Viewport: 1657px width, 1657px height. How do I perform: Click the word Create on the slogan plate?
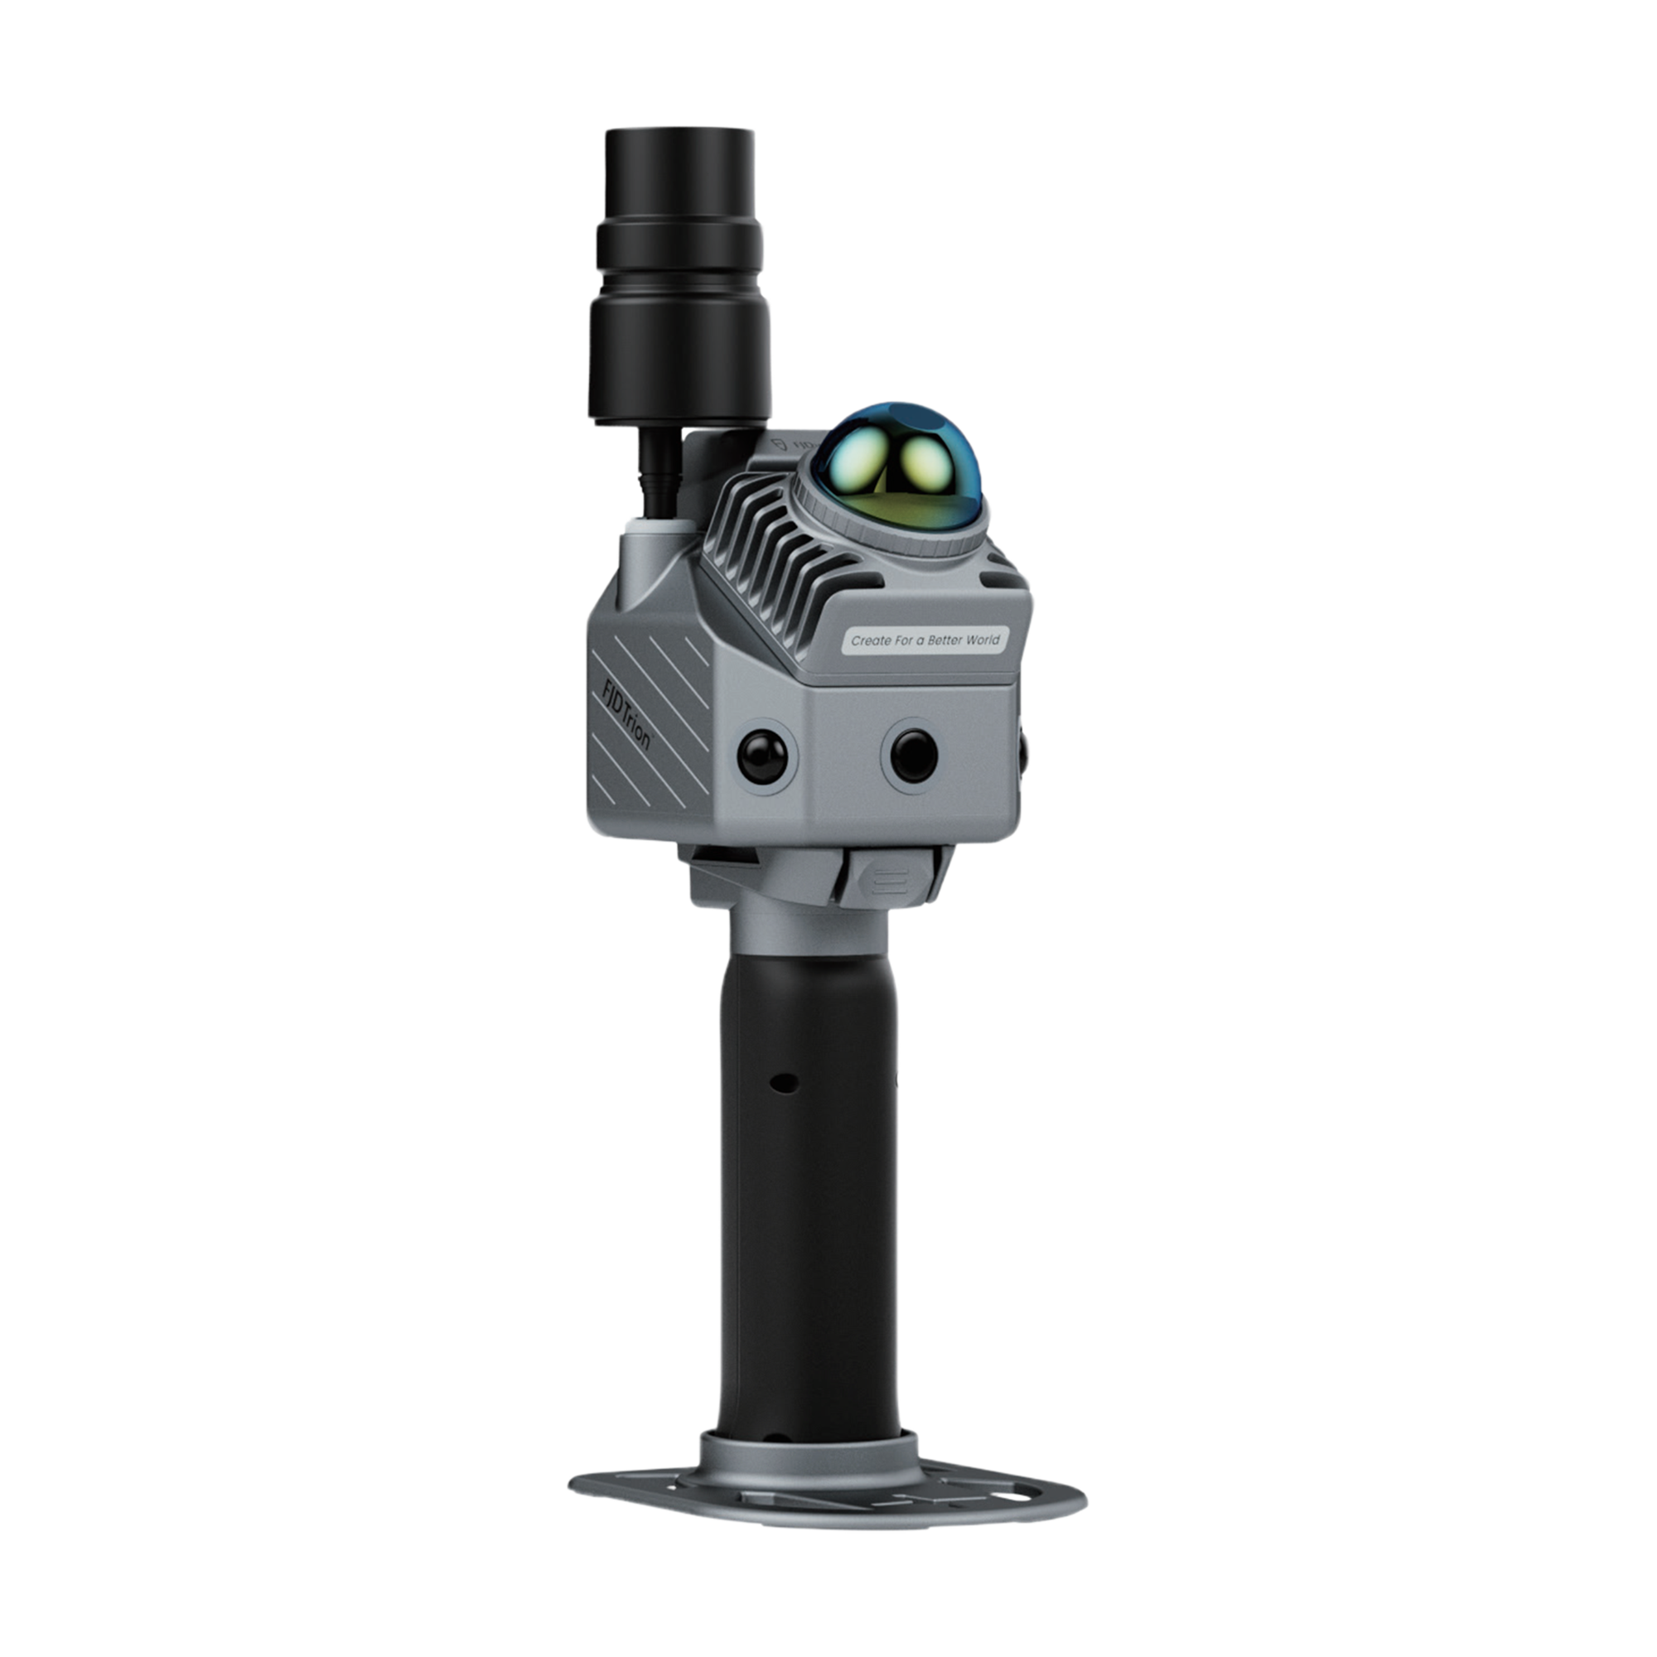[868, 640]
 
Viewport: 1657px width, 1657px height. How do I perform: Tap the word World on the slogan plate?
[983, 639]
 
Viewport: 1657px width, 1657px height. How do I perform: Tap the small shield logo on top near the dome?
[779, 444]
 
